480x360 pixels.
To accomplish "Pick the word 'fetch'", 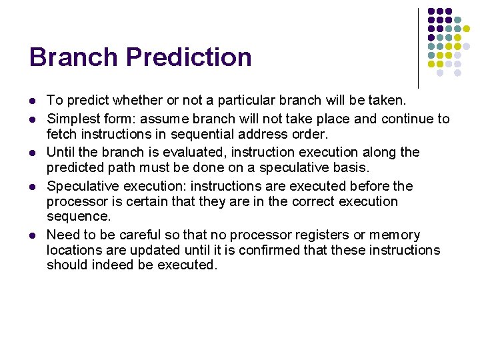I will coord(61,134).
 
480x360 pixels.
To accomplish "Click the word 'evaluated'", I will coord(175,152).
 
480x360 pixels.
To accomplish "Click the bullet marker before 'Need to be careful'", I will coord(33,235).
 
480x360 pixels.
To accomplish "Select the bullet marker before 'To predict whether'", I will coord(33,101).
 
